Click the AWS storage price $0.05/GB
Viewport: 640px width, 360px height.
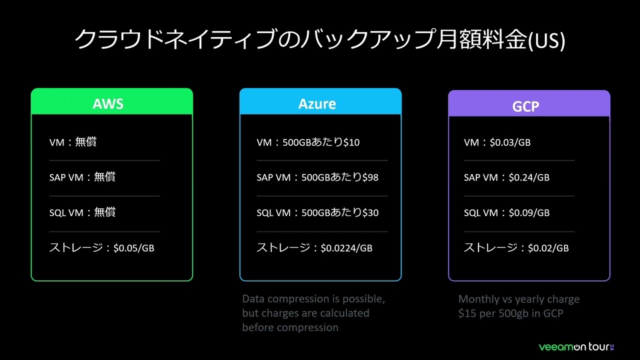coord(133,247)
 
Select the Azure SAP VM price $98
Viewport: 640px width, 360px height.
coord(370,177)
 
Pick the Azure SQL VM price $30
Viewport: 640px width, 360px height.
coord(370,212)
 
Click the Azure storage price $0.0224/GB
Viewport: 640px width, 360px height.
coord(346,247)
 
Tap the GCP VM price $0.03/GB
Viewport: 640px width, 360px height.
coord(510,142)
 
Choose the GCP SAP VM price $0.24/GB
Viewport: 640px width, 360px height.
coord(529,177)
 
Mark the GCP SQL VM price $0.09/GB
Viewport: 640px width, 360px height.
coord(529,212)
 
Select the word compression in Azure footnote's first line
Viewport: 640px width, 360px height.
coord(297,299)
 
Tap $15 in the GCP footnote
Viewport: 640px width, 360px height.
coord(467,313)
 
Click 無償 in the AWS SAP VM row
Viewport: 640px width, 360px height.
coord(105,177)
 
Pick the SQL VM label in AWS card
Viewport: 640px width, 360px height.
coord(66,212)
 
